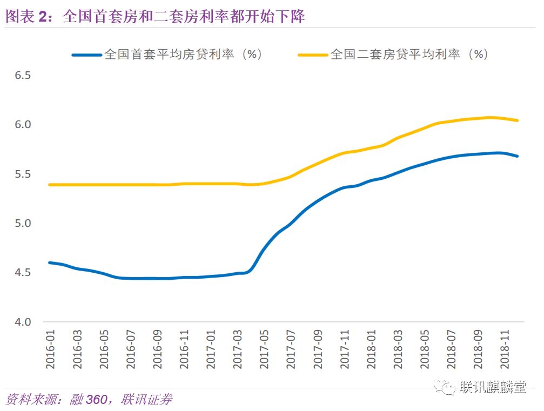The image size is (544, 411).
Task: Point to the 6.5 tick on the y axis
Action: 23,75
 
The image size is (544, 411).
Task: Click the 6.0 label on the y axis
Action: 23,124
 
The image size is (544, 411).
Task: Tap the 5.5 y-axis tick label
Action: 23,174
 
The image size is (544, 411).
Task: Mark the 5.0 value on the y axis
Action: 23,223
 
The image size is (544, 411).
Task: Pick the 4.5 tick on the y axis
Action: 23,272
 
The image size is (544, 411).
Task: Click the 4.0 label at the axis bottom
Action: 23,322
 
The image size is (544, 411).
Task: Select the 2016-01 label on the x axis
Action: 50,349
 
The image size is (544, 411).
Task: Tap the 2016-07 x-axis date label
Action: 130,349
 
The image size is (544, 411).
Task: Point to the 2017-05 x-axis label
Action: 264,349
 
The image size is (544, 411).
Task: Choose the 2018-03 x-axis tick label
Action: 398,349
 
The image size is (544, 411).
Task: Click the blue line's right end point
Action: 518,156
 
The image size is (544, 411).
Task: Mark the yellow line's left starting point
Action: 50,185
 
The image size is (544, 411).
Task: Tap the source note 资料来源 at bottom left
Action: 89,400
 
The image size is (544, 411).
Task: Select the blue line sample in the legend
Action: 86,55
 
